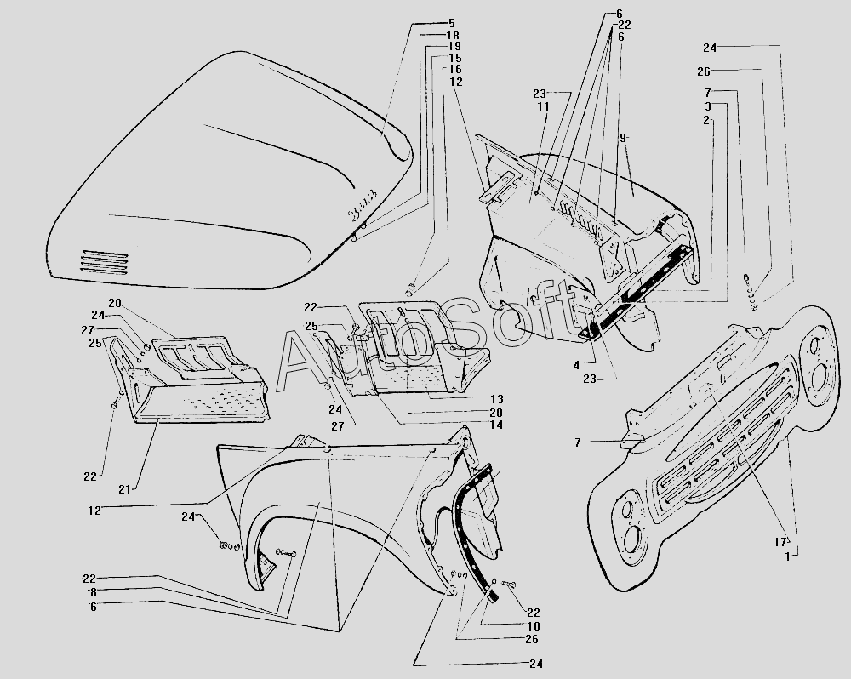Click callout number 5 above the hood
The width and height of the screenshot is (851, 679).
452,23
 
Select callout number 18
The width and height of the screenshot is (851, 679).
453,35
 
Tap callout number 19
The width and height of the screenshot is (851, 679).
454,46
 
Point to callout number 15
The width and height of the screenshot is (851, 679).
454,58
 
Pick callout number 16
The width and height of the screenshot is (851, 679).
454,70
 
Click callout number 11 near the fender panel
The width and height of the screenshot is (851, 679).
543,106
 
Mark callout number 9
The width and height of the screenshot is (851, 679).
624,138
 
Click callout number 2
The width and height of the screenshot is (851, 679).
706,121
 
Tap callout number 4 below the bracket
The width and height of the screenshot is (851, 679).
576,366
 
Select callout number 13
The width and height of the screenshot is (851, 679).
497,399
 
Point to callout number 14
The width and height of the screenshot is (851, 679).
496,425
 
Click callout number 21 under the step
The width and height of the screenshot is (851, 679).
125,489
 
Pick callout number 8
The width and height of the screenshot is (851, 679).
94,593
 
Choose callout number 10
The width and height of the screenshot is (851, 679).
533,625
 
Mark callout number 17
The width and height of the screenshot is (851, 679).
780,542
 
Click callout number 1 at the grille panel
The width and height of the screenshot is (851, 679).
787,556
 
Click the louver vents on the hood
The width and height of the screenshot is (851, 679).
104,261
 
